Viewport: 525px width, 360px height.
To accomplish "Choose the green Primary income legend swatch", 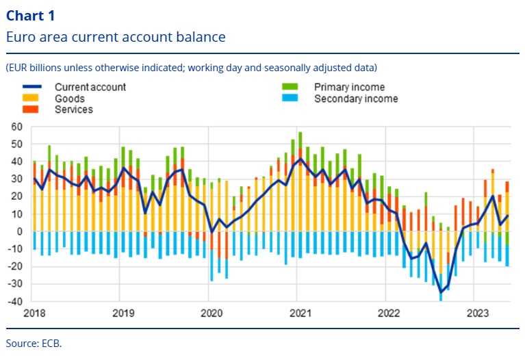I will (291, 87).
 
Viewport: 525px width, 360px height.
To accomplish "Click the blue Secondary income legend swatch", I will (291, 99).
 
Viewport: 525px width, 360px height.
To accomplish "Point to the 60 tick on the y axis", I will (16, 127).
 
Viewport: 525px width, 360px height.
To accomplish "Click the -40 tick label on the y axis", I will (14, 301).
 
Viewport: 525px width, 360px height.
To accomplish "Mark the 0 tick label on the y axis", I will (20, 231).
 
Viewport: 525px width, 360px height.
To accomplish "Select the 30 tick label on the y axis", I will (16, 179).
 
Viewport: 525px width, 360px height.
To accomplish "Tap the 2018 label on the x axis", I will (34, 313).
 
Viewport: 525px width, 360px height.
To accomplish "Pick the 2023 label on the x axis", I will (477, 313).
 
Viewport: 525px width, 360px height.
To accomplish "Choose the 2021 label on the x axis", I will (300, 313).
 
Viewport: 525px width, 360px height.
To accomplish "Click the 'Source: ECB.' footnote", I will (34, 343).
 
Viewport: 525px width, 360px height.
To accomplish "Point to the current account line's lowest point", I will (441, 293).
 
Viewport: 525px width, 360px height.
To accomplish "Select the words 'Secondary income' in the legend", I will (355, 99).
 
